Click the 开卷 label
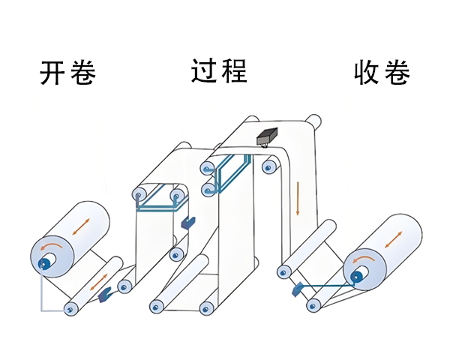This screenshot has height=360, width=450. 68,73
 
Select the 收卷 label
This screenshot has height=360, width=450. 382,73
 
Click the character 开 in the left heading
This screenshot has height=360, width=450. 53,73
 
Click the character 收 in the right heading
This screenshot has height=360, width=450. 367,73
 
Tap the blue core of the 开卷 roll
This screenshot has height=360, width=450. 46,263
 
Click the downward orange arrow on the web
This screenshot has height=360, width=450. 297,197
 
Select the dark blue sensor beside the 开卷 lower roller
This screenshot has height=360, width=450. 104,293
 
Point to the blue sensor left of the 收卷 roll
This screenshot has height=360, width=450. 298,287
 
